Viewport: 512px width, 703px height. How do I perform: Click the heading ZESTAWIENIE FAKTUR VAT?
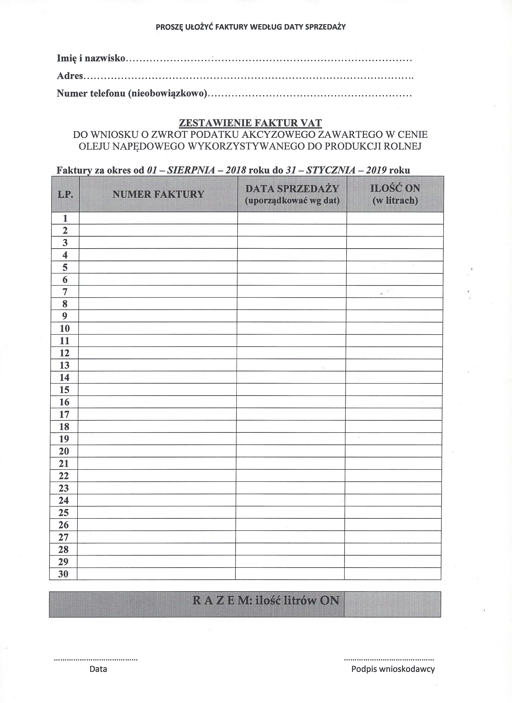[250, 123]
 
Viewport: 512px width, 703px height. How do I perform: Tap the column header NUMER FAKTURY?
[158, 194]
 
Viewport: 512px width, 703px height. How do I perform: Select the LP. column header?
[65, 195]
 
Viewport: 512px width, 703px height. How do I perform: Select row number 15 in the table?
[64, 390]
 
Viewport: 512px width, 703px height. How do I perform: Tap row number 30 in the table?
[63, 574]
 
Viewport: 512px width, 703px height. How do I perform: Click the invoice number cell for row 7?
[158, 292]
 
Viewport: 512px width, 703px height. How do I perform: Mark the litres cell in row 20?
[393, 451]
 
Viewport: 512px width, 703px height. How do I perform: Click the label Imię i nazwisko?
[91, 58]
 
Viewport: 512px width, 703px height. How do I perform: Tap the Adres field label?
[70, 76]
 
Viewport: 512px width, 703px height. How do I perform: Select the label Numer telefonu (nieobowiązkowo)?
[132, 93]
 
